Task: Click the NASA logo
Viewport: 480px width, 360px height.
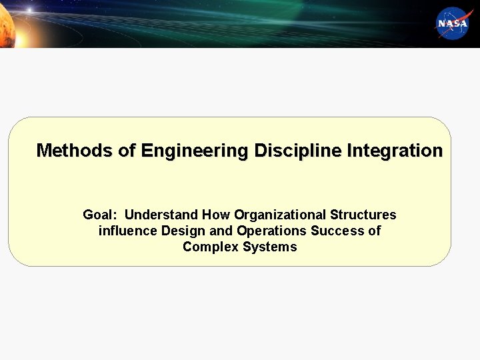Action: [x=454, y=23]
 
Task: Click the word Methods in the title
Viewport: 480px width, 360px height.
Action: [x=74, y=151]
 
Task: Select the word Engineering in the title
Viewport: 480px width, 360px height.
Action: [x=193, y=151]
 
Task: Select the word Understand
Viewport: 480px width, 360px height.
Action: [x=161, y=215]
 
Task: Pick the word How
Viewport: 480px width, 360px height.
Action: [x=215, y=215]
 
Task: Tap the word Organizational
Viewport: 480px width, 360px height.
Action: [x=280, y=215]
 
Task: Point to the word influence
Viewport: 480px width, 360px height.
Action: [x=128, y=231]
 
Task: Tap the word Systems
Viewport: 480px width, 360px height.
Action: [x=270, y=247]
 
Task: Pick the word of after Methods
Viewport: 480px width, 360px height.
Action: [x=127, y=151]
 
